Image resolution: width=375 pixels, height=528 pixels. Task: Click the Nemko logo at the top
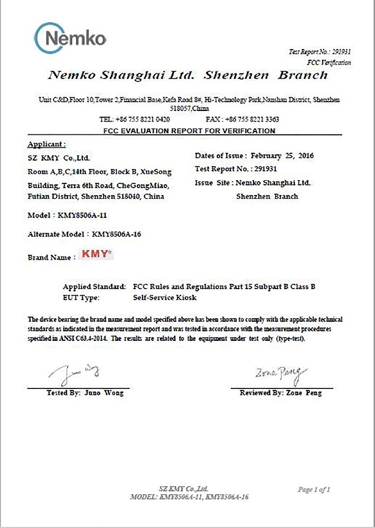pos(71,38)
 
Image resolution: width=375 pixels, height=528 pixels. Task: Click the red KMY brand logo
pos(97,255)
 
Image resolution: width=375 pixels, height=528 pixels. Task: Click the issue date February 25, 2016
pos(282,156)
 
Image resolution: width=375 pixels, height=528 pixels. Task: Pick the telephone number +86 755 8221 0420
pos(143,119)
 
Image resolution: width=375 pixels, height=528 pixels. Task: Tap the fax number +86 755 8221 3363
pos(251,119)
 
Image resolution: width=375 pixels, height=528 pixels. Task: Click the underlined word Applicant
pos(46,144)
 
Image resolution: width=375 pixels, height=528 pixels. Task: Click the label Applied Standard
pos(94,287)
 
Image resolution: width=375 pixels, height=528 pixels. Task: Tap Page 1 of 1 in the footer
pos(314,490)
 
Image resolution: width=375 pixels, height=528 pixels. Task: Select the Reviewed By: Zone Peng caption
pos(280,393)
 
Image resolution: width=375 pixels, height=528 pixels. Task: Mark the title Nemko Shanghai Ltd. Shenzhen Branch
pos(187,75)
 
